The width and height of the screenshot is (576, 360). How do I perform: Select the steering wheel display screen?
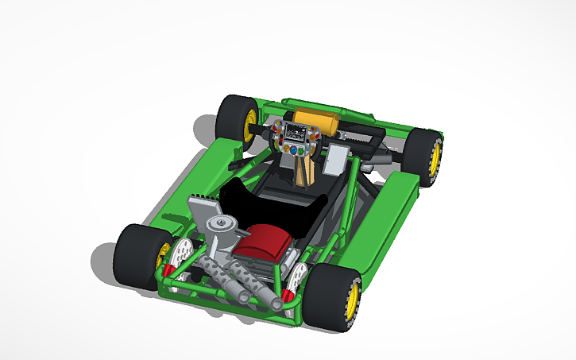(296, 134)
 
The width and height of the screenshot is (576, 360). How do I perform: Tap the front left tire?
(234, 119)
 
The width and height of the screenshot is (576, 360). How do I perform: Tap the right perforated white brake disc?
(298, 277)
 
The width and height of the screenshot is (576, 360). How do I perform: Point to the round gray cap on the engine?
(218, 228)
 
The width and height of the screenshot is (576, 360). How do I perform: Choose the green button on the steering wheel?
(287, 149)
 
